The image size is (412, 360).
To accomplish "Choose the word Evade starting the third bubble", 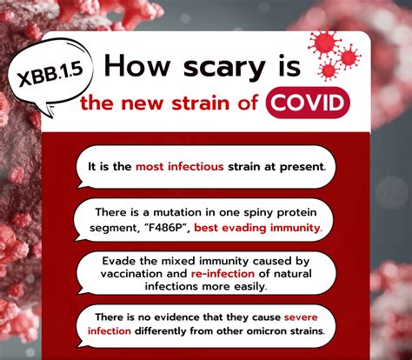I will (116, 259).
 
